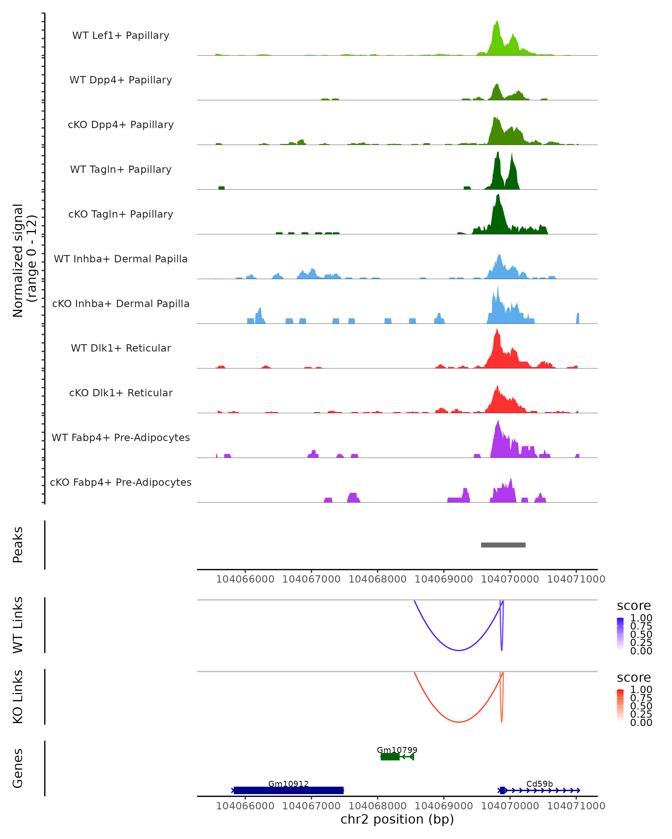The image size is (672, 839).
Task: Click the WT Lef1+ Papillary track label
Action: click(121, 36)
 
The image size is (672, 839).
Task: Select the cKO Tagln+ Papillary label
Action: click(121, 214)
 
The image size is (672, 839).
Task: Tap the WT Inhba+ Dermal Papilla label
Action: click(121, 259)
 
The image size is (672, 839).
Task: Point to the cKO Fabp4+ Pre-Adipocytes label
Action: click(121, 482)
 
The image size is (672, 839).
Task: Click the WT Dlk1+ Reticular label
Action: click(121, 348)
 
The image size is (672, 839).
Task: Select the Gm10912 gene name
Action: click(288, 784)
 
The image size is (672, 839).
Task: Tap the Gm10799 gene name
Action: click(397, 750)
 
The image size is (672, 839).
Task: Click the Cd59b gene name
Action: click(540, 784)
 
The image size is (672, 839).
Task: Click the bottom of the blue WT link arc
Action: click(459, 650)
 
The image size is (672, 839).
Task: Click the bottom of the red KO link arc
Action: click(459, 722)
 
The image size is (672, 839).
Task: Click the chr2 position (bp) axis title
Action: click(397, 819)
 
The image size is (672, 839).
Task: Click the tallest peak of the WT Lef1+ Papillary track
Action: click(497, 22)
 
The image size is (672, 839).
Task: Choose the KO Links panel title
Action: click(18, 697)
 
